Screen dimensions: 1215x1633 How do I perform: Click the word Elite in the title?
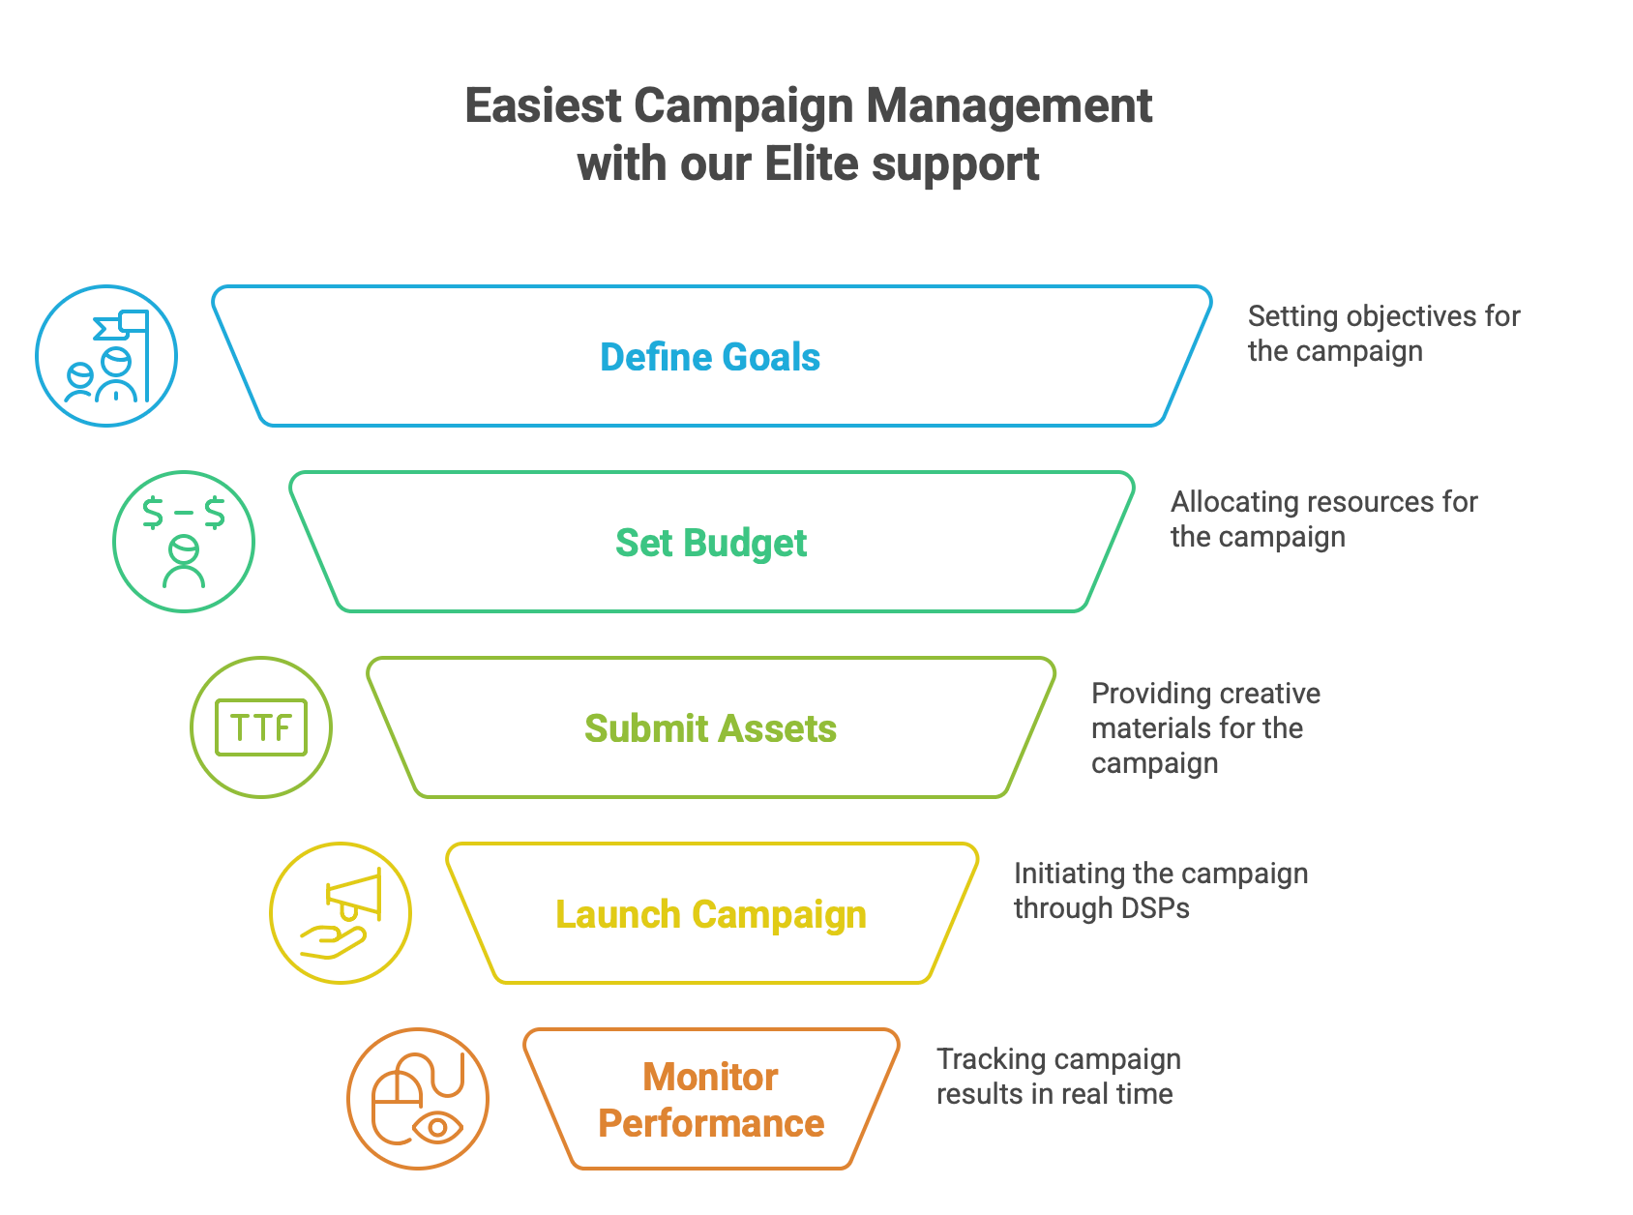point(812,163)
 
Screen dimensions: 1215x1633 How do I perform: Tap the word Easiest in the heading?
point(542,105)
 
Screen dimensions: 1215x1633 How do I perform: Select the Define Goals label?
point(710,357)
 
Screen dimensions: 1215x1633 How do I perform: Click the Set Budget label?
point(711,543)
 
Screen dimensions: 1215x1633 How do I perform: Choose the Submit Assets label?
point(710,728)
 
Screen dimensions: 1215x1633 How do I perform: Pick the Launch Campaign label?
point(711,914)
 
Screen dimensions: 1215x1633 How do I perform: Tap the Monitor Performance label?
point(711,1100)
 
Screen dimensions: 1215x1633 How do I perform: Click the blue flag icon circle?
point(106,356)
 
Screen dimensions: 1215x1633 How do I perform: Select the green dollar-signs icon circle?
point(184,542)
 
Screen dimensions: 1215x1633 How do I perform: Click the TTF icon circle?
point(261,727)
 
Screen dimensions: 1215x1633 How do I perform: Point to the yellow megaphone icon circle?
point(341,913)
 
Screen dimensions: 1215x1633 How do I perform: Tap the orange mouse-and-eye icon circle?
point(418,1099)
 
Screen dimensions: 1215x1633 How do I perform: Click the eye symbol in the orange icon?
point(437,1127)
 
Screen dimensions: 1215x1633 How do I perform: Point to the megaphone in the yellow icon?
point(356,896)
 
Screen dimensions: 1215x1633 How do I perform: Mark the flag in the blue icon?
point(124,324)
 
